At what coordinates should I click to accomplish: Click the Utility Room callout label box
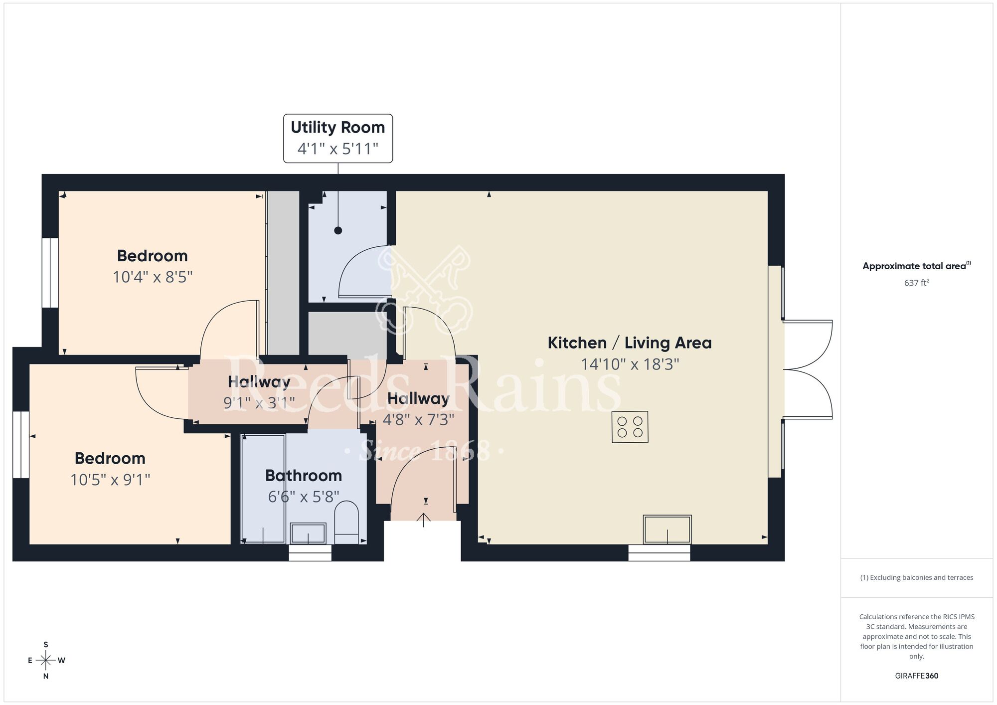point(338,138)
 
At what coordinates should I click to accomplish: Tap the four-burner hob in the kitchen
point(630,427)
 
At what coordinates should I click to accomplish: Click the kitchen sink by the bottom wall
point(667,530)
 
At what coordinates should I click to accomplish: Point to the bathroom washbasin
point(308,533)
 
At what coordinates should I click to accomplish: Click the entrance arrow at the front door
point(424,520)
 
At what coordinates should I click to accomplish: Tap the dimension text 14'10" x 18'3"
point(630,364)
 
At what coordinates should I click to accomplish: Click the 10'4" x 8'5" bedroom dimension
point(153,277)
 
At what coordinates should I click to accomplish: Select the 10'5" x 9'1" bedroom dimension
point(110,480)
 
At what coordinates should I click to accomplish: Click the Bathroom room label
point(303,476)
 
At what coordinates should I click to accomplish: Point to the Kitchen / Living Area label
point(630,343)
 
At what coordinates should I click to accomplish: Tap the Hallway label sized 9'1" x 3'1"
point(259,382)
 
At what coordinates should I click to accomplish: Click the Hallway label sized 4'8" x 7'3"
point(418,398)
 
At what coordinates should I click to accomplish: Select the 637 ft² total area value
point(916,283)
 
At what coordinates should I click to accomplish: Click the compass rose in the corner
point(46,661)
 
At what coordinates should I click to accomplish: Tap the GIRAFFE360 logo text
point(916,676)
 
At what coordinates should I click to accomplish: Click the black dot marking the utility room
point(338,230)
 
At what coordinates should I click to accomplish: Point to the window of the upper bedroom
point(50,273)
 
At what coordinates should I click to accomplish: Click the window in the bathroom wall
point(310,553)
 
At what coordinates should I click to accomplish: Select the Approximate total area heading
point(916,266)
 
